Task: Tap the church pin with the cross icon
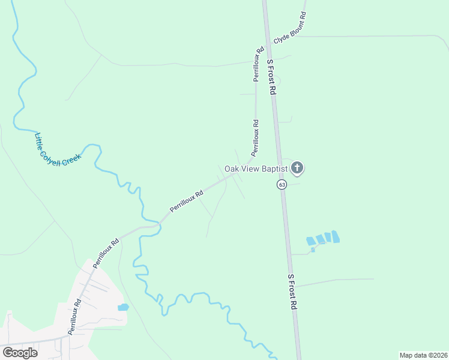pos(297,168)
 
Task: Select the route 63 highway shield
pos(282,184)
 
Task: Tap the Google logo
pos(19,352)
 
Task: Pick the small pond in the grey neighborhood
pos(124,307)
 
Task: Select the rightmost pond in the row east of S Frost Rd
pos(335,236)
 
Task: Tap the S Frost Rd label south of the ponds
pos(292,292)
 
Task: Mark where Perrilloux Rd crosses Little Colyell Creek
pos(160,223)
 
